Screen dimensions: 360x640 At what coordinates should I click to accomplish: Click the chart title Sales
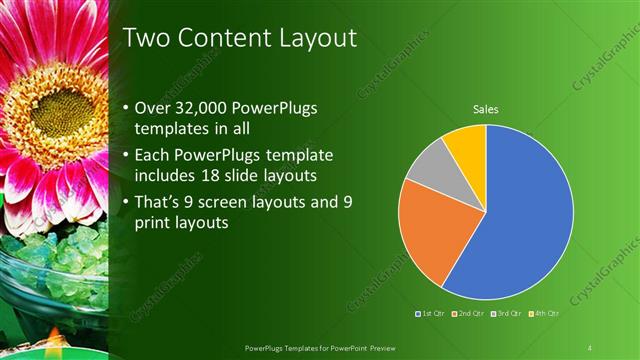(485, 109)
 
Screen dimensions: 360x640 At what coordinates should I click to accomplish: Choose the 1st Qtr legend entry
(432, 314)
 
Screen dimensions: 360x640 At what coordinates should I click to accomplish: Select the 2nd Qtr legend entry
(470, 314)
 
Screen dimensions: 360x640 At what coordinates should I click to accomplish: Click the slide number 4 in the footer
(590, 347)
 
